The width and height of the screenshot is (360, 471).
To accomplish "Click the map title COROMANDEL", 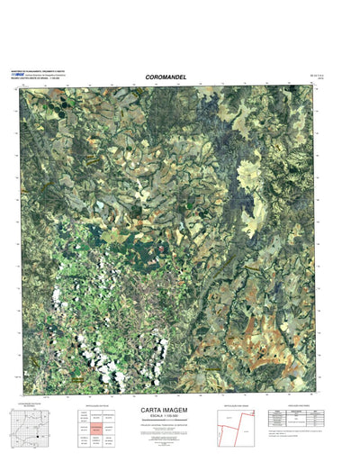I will point(166,77).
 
